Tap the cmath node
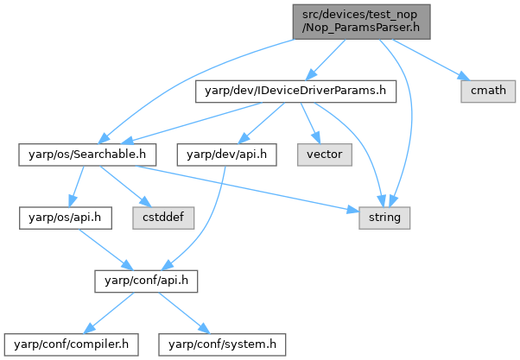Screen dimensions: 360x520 coord(485,89)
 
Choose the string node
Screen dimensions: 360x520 coord(384,217)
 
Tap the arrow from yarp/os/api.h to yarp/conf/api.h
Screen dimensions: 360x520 coord(103,249)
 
